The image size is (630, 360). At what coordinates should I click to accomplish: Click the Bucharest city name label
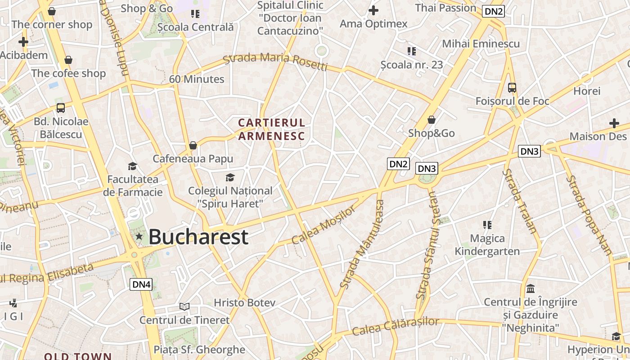[x=198, y=237]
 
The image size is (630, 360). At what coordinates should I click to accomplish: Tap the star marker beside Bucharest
[x=139, y=236]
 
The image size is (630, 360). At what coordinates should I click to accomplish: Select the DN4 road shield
[x=141, y=284]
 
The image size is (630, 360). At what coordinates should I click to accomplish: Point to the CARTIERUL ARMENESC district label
[x=271, y=129]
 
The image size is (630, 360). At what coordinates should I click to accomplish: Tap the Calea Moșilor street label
[x=323, y=225]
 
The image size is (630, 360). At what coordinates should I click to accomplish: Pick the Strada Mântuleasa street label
[x=363, y=244]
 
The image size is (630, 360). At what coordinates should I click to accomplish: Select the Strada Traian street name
[x=520, y=201]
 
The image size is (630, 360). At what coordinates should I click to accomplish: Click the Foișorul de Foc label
[x=512, y=101]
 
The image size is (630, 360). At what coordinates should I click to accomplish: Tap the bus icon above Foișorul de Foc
[x=512, y=87]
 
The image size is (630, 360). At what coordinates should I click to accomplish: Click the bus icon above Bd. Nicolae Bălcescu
[x=61, y=108]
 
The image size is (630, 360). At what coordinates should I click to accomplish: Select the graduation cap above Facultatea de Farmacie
[x=132, y=166]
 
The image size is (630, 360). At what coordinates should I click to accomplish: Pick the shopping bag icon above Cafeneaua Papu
[x=193, y=145]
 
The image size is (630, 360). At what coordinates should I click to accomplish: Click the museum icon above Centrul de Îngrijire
[x=530, y=288]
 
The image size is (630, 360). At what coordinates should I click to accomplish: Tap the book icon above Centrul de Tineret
[x=184, y=306]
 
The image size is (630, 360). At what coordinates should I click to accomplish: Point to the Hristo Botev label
[x=244, y=303]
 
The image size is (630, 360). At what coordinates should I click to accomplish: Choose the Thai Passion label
[x=445, y=8]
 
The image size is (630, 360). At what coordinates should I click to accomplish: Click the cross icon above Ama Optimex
[x=373, y=10]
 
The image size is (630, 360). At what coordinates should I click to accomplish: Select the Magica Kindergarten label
[x=487, y=244]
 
